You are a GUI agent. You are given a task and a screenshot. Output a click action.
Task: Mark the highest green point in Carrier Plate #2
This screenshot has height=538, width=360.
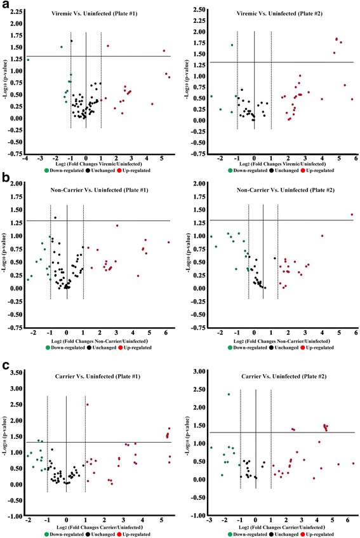click(229, 394)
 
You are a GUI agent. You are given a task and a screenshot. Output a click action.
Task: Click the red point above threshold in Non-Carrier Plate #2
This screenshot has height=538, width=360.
click(352, 215)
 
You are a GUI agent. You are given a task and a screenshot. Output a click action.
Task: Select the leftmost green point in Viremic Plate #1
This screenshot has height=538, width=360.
click(28, 60)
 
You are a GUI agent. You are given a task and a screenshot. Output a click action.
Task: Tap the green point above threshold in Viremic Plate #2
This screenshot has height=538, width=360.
click(232, 45)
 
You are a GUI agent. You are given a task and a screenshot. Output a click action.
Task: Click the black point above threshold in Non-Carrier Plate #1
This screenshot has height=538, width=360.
click(55, 218)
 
